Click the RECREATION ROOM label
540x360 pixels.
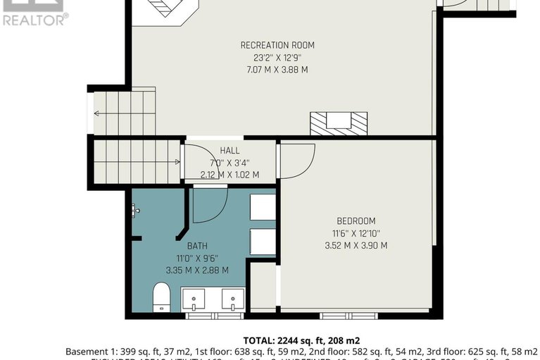(277, 45)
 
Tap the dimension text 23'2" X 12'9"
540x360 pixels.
(277, 58)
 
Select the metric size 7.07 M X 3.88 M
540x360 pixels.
(277, 70)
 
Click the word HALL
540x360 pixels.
(230, 151)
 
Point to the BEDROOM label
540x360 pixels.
(356, 221)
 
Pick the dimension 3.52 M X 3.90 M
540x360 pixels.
(356, 246)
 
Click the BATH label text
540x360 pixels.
(197, 246)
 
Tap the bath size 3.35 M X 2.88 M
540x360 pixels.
(197, 270)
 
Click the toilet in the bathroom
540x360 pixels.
(162, 297)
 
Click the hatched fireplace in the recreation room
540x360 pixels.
(339, 123)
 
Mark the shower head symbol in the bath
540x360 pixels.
(135, 209)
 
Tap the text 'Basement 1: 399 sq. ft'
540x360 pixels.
(113, 351)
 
